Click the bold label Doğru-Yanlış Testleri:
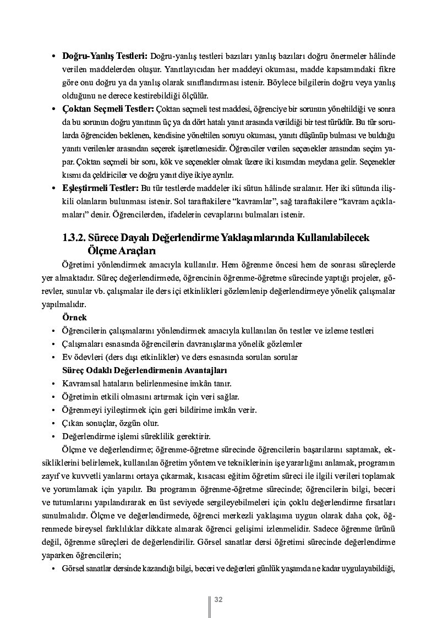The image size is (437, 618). tap(104, 56)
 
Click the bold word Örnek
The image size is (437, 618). tap(75, 318)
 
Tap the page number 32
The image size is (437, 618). tap(218, 599)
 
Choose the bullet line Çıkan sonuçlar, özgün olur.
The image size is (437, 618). tap(111, 423)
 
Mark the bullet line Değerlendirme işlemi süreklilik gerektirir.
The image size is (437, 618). tap(137, 436)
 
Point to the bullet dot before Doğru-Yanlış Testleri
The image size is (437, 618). tap(53, 57)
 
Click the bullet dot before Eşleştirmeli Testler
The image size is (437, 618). tap(53, 189)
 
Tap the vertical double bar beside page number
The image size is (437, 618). tap(209, 605)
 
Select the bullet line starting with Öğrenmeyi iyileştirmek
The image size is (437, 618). tap(160, 410)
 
